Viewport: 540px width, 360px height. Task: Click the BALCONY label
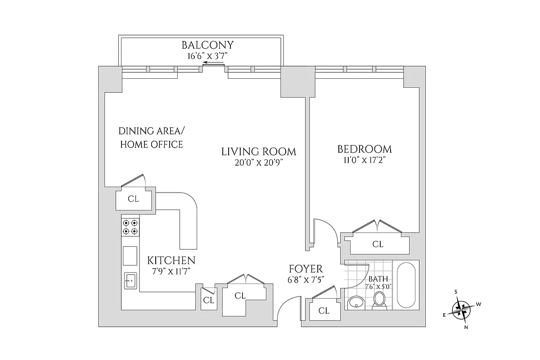tap(207, 45)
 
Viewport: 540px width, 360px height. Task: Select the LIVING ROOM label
tap(259, 152)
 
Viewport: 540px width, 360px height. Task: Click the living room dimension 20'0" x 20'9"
tap(259, 162)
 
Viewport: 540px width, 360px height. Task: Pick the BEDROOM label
tap(364, 149)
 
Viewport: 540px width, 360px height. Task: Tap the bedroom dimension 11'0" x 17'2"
tap(364, 160)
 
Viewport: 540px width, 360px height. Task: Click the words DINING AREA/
tap(151, 131)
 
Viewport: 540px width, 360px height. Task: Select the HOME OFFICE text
tap(151, 144)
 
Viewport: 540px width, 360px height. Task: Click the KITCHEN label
tap(171, 260)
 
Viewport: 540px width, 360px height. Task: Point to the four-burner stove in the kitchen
tap(130, 227)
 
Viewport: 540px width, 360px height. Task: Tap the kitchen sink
tap(130, 280)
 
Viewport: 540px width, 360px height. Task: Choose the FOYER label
tap(306, 269)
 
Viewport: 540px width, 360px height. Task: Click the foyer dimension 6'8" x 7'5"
tap(306, 279)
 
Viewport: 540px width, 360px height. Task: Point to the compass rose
tap(462, 310)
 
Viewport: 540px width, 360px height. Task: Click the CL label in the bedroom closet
tap(378, 244)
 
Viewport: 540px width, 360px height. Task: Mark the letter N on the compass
tap(466, 327)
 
